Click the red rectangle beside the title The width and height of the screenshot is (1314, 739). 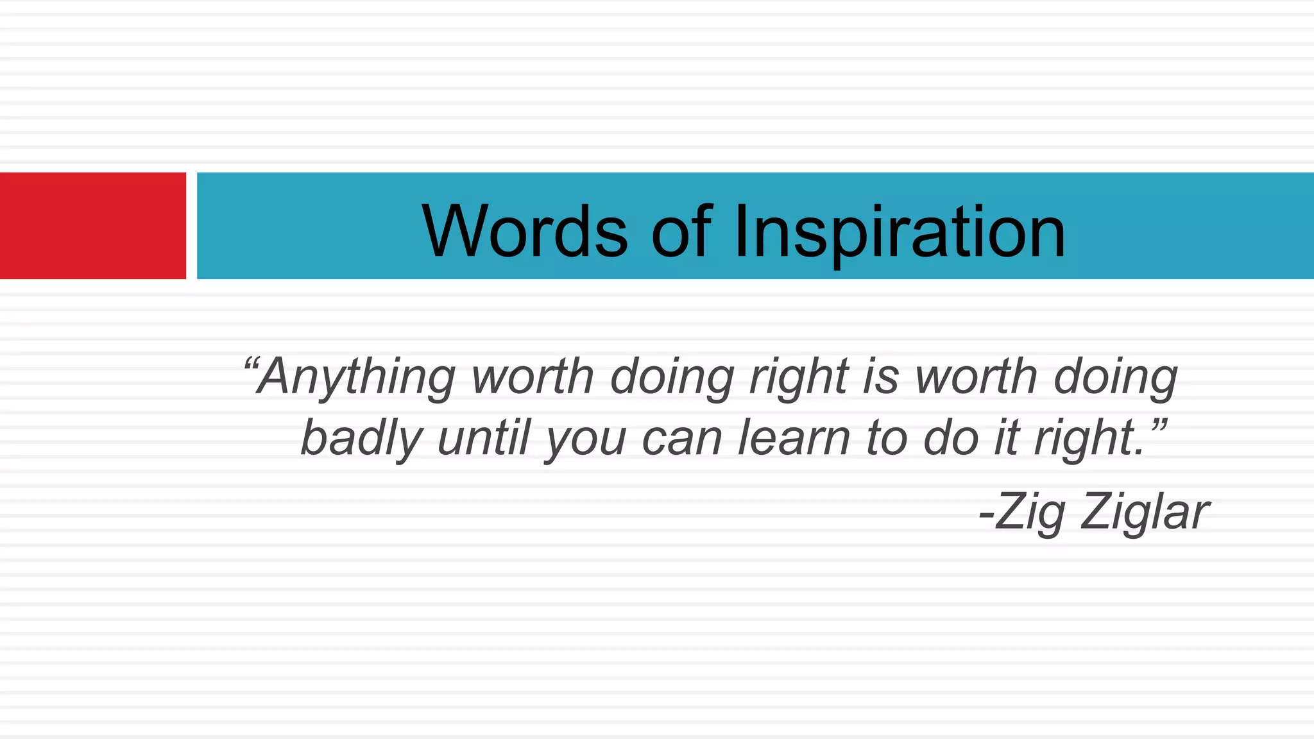coord(92,225)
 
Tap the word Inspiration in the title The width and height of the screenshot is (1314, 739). coord(899,232)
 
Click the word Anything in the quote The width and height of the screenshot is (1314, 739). coord(356,377)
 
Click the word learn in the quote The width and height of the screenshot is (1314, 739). coord(794,437)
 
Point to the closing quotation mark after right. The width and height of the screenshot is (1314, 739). coord(1157,425)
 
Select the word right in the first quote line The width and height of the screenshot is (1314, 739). coord(799,377)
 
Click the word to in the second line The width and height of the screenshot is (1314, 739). coord(886,439)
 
